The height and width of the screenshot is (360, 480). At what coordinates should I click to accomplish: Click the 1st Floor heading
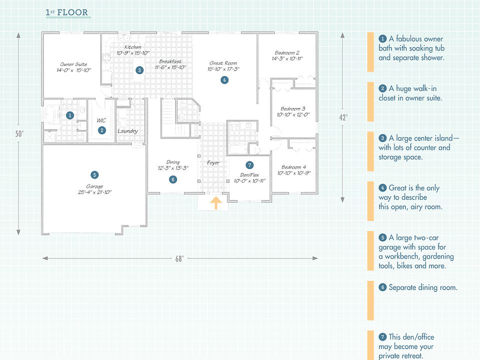(68, 12)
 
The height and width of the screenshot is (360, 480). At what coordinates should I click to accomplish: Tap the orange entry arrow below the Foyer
(215, 202)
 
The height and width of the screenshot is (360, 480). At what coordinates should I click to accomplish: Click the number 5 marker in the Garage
(94, 175)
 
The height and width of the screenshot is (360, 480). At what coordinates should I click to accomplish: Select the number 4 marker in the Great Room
(224, 79)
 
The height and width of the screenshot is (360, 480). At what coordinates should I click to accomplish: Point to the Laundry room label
(127, 131)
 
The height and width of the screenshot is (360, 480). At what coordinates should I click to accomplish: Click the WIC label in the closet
(101, 120)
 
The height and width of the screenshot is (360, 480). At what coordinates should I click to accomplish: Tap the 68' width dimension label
(179, 258)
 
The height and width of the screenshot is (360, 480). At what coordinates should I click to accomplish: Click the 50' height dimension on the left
(18, 133)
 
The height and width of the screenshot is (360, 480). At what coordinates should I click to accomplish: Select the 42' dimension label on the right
(342, 117)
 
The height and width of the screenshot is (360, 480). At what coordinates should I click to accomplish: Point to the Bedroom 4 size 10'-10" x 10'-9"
(295, 173)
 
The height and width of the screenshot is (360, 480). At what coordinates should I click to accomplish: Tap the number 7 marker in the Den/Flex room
(249, 165)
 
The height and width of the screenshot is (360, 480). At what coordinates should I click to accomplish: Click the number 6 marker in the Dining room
(172, 179)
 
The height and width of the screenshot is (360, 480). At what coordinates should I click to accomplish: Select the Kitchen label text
(132, 47)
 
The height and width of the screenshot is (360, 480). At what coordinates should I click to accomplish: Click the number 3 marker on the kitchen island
(139, 70)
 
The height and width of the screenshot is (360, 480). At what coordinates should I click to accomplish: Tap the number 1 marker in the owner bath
(70, 115)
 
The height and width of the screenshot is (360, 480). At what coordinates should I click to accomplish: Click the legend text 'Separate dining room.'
(423, 287)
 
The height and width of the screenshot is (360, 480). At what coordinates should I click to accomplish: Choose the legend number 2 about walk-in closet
(382, 88)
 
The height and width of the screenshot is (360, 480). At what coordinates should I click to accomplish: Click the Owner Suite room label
(73, 64)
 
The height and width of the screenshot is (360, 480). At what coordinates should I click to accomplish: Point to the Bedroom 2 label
(287, 53)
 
